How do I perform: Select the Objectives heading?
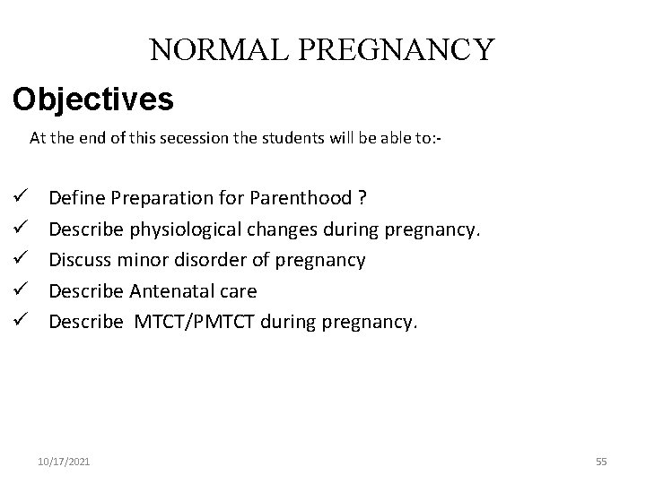click(x=93, y=99)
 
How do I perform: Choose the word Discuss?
click(x=78, y=260)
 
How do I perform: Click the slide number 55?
click(x=601, y=462)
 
